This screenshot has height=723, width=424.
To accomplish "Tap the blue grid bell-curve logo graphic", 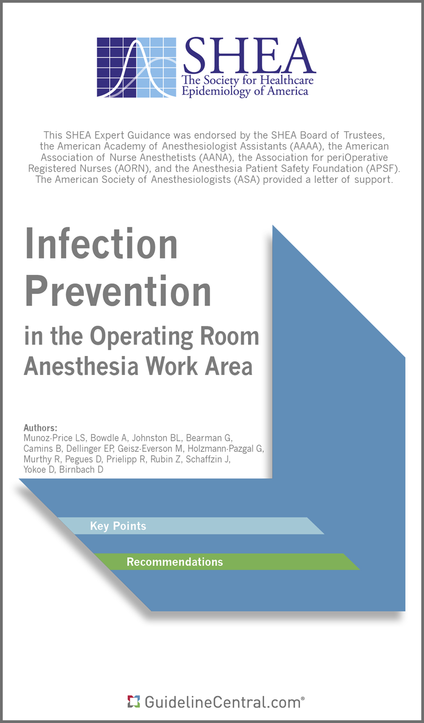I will (x=137, y=68).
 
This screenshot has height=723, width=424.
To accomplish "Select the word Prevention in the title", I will (x=118, y=291).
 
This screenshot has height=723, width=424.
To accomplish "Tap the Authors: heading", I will (x=40, y=427).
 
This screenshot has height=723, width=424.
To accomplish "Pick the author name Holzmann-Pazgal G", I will (x=226, y=448).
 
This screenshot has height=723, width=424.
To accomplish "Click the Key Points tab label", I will (x=118, y=526).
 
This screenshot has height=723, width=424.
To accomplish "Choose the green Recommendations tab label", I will (x=174, y=562).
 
